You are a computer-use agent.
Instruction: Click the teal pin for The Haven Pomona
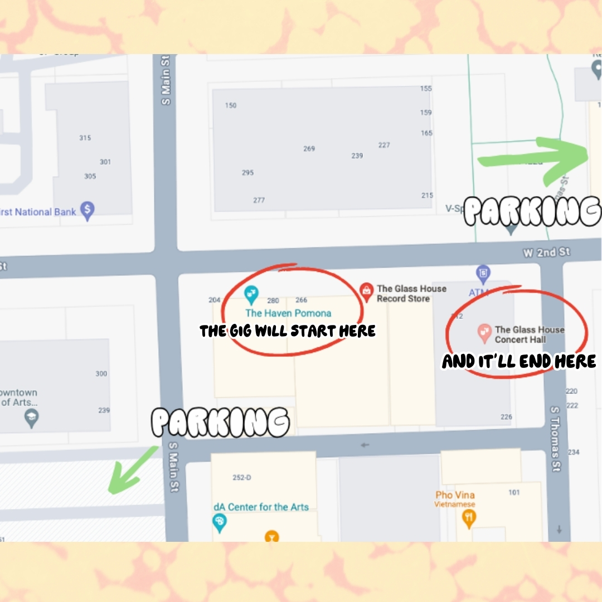click(251, 292)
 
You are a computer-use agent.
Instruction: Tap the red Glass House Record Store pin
click(366, 290)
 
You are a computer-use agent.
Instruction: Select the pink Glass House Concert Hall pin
click(484, 333)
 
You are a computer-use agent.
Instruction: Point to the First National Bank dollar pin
click(87, 211)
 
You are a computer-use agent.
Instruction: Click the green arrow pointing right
click(535, 159)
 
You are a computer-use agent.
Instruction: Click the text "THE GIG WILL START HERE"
click(288, 331)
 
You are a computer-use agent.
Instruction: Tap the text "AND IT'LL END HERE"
click(519, 362)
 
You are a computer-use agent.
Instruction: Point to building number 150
click(230, 105)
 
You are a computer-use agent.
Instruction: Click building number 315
click(85, 138)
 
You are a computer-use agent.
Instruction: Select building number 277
click(259, 200)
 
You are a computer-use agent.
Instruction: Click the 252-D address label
click(241, 478)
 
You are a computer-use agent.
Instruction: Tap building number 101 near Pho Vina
click(514, 492)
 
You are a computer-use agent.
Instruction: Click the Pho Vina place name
click(455, 495)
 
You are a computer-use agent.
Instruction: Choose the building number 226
click(506, 417)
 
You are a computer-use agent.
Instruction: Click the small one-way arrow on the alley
click(365, 445)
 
